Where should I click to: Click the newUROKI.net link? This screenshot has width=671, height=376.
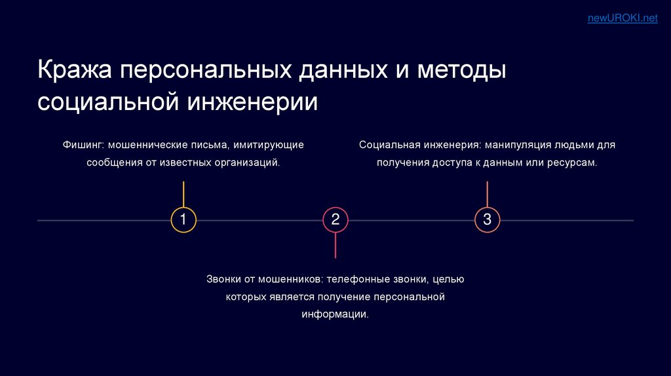(622, 18)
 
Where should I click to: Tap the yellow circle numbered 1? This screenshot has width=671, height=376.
(183, 219)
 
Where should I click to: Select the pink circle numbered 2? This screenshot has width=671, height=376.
(335, 219)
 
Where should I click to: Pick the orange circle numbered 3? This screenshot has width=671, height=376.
(487, 219)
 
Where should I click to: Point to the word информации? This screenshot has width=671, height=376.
(335, 314)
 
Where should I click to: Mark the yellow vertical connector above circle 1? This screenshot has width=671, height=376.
(183, 194)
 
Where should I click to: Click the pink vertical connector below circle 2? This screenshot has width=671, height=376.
(335, 245)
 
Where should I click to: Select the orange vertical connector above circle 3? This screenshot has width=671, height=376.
(487, 194)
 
